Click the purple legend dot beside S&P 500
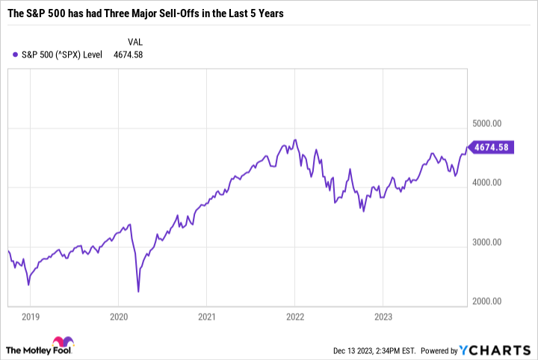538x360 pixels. (16, 55)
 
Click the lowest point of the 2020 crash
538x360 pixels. (138, 291)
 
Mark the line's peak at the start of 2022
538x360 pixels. (295, 140)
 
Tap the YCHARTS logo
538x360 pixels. (500, 350)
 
